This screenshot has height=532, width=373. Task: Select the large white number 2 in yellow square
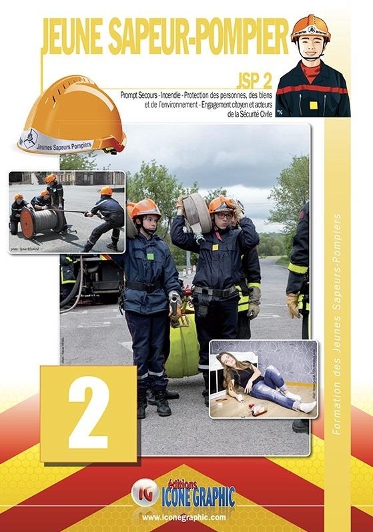[x=88, y=415]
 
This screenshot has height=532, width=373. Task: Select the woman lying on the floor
[x=260, y=383]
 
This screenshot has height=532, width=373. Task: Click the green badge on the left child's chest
[x=151, y=256]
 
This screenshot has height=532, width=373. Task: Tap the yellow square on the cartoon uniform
[x=313, y=105]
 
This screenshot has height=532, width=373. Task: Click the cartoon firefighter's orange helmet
[x=310, y=27]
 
